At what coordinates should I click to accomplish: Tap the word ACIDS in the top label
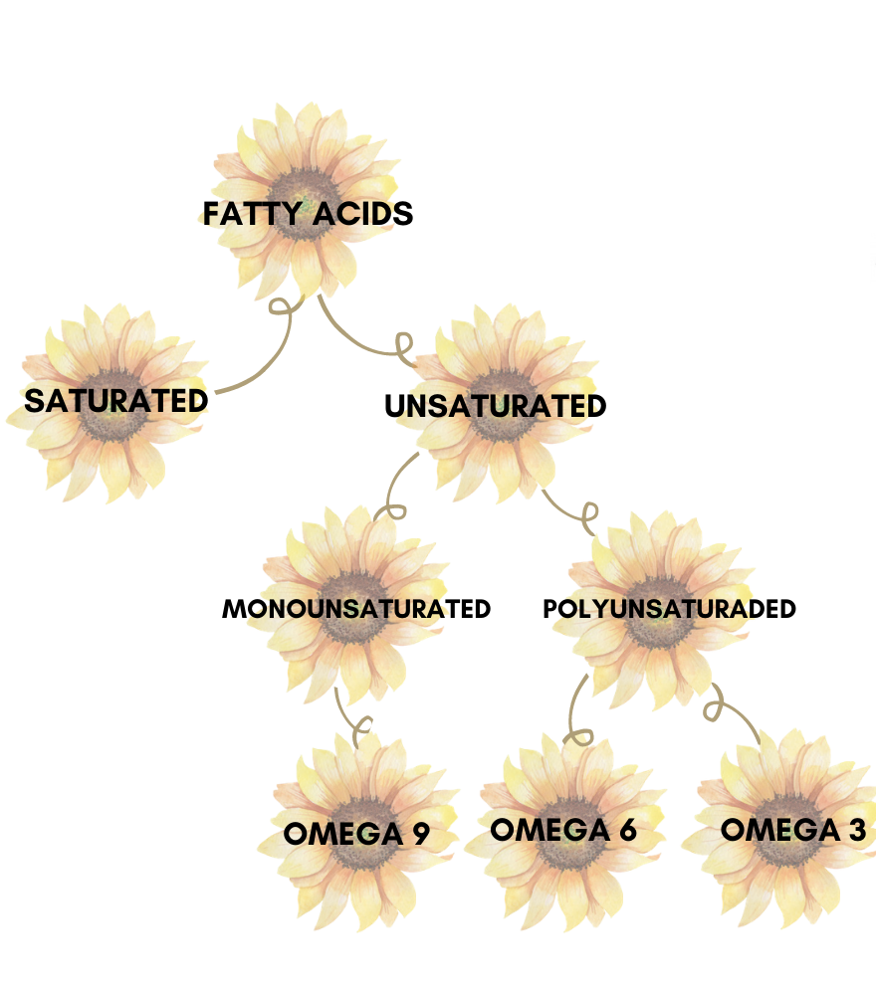pos(363,214)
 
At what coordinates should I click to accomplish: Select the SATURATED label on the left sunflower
pos(115,401)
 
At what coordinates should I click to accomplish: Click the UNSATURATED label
pos(495,406)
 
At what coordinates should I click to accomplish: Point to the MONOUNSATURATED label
pos(356,609)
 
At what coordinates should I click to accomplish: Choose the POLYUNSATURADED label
pos(669,609)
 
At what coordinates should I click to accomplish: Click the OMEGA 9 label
pos(356,834)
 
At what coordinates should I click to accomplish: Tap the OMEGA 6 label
pos(563,830)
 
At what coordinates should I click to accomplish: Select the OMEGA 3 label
pos(793,830)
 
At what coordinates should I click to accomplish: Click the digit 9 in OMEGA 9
pos(420,834)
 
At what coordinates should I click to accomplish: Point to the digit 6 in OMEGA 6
pos(627,830)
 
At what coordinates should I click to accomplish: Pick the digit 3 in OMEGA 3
pos(857,830)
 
